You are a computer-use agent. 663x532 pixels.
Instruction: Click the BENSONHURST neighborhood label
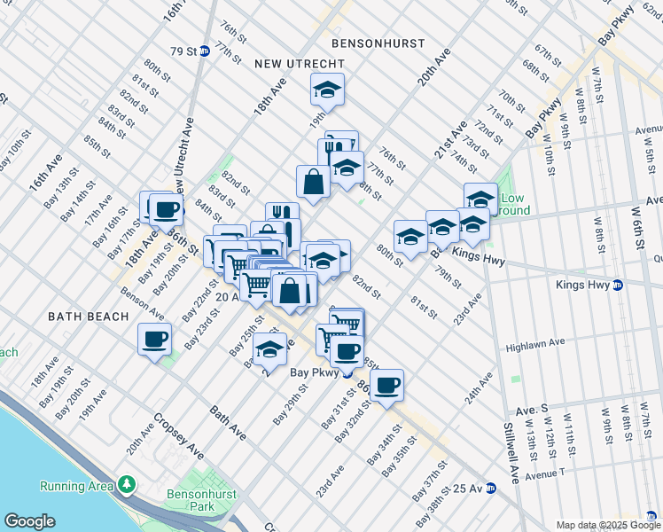point(378,43)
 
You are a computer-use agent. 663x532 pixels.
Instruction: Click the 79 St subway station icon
point(204,51)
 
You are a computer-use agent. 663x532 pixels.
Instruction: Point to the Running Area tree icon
point(128,485)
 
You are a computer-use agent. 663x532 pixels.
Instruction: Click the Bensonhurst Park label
point(191,501)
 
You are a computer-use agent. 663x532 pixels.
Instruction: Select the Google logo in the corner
point(29,521)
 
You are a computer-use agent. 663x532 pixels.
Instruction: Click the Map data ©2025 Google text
point(607,525)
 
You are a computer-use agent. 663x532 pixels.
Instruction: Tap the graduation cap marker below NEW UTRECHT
point(327,90)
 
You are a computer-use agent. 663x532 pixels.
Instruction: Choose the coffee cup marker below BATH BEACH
point(155,340)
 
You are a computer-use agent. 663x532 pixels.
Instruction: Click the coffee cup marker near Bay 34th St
point(386,386)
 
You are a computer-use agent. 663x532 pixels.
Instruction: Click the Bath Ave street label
point(228,423)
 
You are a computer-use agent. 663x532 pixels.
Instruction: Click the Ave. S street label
point(533,411)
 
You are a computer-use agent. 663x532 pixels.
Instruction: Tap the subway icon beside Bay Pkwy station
point(349,373)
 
